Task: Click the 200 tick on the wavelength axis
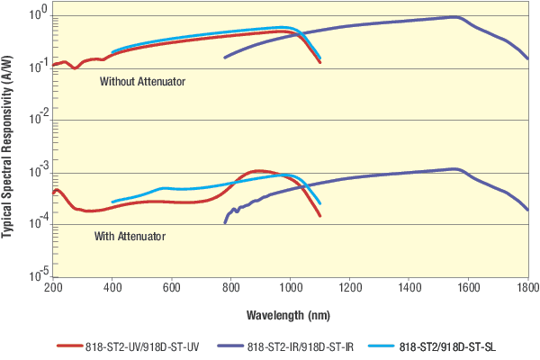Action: pos(53,287)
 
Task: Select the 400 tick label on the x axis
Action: pos(112,287)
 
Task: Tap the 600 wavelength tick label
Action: pos(172,287)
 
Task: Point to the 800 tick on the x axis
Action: pos(231,287)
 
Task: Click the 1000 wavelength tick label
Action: pos(290,287)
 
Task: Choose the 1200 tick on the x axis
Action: pos(349,287)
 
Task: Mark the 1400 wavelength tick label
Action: pos(409,287)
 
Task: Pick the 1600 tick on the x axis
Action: pos(468,287)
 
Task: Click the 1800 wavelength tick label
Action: pos(526,287)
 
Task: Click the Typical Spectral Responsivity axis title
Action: pos(8,144)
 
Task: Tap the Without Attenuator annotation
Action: pos(142,81)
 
